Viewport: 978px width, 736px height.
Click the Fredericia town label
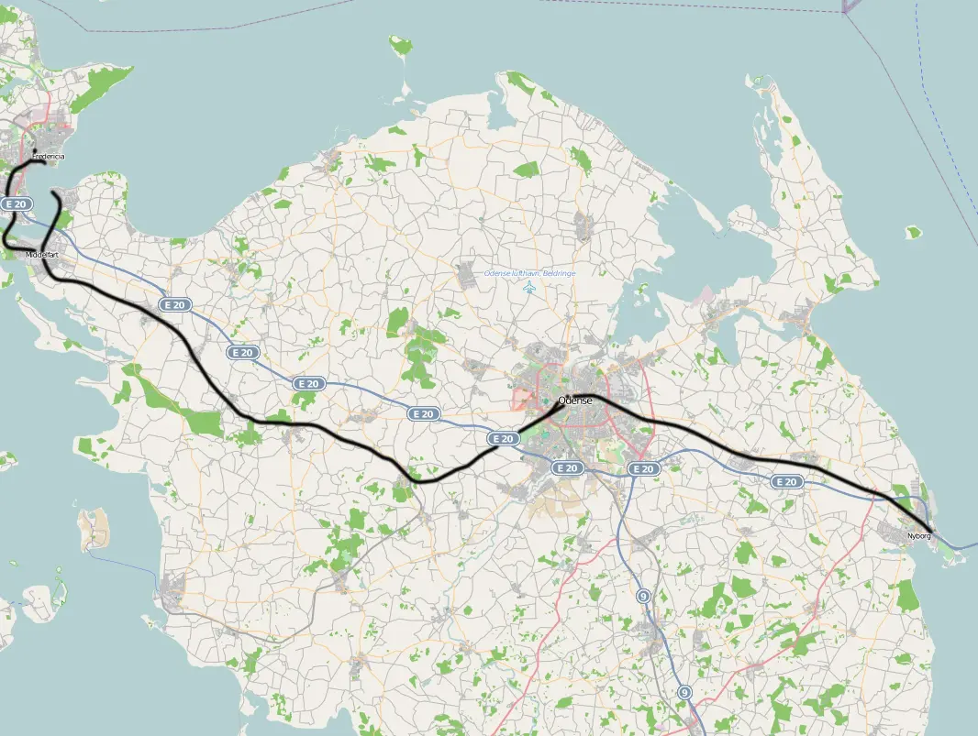pos(52,157)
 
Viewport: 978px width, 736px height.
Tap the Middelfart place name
pos(42,254)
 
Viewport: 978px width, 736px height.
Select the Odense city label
pos(575,400)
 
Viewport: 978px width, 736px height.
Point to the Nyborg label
pos(917,535)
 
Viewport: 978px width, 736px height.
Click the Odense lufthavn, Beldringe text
pos(529,273)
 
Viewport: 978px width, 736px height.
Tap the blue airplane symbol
pos(529,289)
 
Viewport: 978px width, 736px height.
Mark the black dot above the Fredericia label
pos(35,149)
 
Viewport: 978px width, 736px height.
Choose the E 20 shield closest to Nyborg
pos(786,481)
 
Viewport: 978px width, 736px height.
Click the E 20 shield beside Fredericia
pos(15,203)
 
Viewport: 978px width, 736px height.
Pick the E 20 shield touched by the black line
pos(504,439)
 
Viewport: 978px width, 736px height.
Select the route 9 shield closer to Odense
pos(644,596)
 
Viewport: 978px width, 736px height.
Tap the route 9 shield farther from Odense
pos(684,692)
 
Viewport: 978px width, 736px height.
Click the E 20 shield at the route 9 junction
pos(644,468)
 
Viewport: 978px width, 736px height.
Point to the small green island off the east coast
pos(913,232)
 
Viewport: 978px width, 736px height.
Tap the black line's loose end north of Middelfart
pos(55,193)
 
